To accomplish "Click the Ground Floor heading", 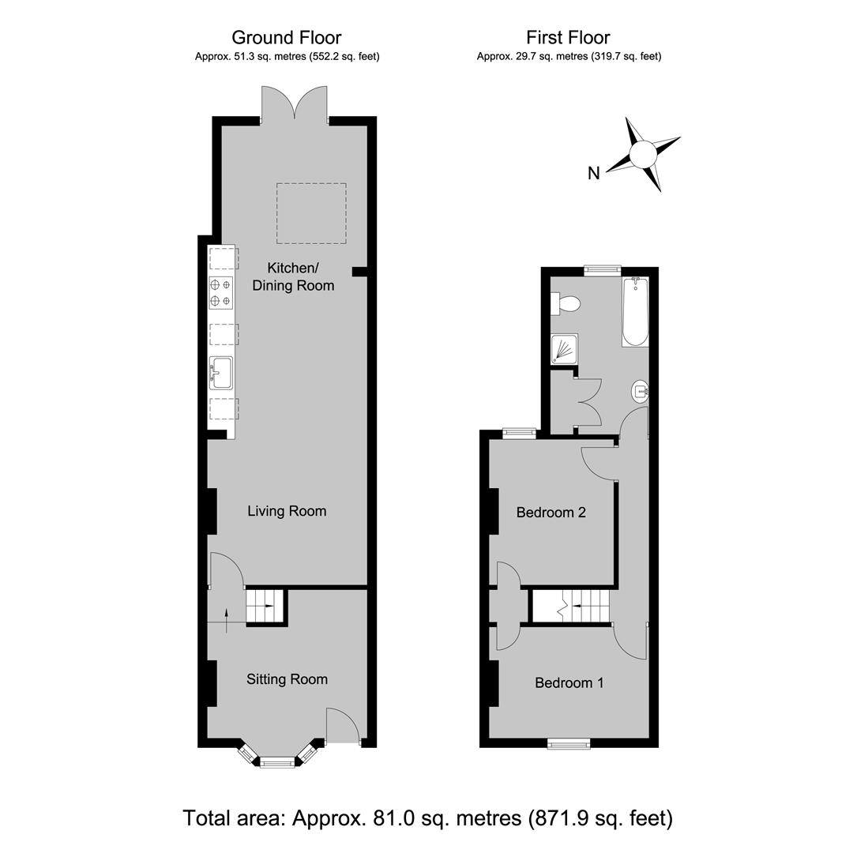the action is coord(287,38).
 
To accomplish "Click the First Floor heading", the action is coord(568,38).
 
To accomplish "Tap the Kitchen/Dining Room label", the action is coord(293,276).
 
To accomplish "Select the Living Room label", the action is coord(287,511).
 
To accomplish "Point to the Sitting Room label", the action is coord(287,679).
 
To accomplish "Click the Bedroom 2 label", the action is coord(551,512).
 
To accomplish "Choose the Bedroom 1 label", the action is coord(569,682).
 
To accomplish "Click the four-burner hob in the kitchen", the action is coord(221,293).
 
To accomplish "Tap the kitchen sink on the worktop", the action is coord(221,373).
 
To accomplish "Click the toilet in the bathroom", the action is coord(566,303).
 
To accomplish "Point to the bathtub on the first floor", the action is coord(635,311).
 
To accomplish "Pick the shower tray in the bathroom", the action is coord(564,349).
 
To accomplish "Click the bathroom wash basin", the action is coord(641,392).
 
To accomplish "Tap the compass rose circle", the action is coord(643,154).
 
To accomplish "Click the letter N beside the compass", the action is coord(593,173).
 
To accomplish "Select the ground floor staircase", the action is coord(266,606).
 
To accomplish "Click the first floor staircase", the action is coord(570,606).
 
